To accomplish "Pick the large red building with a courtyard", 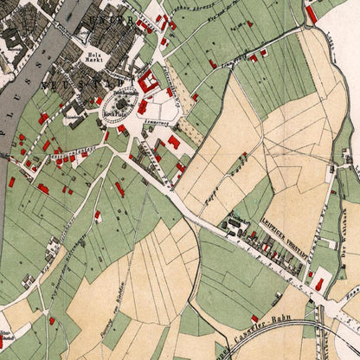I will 147,82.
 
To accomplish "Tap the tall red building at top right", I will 311,14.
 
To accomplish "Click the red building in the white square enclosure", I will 319,283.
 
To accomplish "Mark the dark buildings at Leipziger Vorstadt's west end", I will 232,227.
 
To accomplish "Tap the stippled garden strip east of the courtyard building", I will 186,130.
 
